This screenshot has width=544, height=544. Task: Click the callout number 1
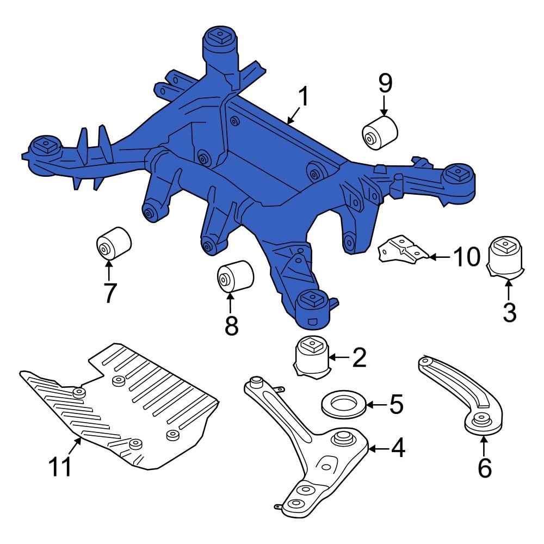tap(302, 97)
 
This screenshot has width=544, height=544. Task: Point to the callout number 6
tap(484, 467)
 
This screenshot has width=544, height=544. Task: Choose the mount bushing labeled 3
tap(505, 257)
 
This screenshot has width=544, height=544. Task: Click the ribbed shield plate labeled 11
tap(125, 408)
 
